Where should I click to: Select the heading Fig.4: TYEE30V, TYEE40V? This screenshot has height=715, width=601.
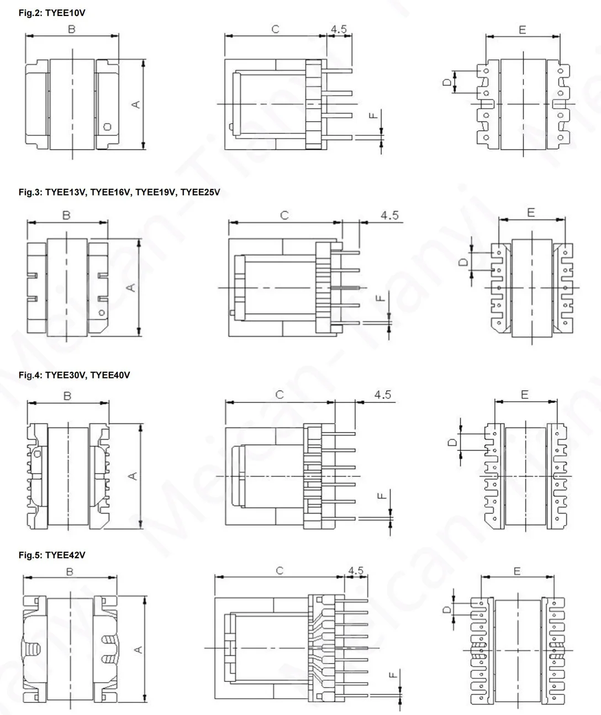click(74, 375)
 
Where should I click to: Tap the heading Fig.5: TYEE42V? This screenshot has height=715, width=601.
click(52, 555)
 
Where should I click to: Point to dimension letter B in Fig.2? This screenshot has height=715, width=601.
click(72, 29)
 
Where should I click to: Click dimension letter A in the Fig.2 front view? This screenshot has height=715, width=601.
click(136, 104)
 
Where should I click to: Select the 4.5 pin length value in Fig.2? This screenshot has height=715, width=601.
click(339, 29)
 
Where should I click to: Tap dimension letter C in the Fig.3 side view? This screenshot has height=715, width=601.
click(284, 215)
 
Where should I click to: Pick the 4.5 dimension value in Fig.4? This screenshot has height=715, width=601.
click(382, 395)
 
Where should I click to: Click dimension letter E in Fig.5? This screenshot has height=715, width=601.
click(517, 571)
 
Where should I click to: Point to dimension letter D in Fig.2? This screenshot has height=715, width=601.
click(447, 82)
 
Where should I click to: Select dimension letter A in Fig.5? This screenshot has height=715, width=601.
click(139, 650)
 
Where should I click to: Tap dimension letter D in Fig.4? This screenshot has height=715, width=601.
click(452, 442)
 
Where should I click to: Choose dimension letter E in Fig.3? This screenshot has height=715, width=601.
click(531, 213)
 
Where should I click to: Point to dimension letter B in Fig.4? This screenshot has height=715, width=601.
click(67, 396)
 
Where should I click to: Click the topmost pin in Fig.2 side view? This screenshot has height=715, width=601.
click(339, 70)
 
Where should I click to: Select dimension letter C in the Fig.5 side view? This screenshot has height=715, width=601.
click(280, 570)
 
